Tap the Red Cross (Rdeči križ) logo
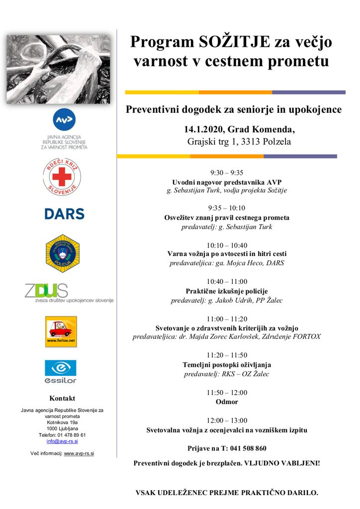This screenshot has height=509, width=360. [62, 176]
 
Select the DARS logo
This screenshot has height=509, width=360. [64, 214]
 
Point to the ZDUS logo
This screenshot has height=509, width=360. [69, 293]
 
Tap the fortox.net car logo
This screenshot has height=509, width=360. [61, 331]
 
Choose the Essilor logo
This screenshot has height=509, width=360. [61, 371]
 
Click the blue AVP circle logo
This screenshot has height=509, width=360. [65, 120]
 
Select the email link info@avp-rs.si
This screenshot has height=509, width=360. [62, 441]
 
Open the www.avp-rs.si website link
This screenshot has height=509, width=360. [79, 453]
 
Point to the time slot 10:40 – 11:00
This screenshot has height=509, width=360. [227, 281]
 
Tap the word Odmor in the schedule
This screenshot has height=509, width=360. [227, 402]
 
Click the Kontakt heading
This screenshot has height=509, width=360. [62, 398]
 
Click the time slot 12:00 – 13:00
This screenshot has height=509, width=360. [227, 420]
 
